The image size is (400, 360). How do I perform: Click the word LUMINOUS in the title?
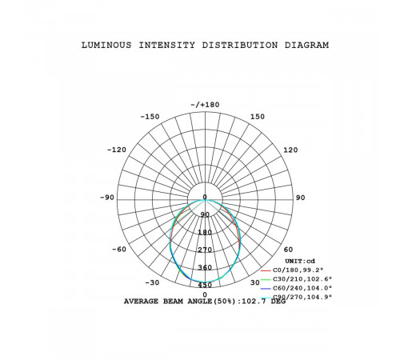106,46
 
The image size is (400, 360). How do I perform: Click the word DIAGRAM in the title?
306,46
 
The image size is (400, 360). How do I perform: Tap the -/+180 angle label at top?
205,105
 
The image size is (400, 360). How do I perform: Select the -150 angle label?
150,117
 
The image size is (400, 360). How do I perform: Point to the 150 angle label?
258,117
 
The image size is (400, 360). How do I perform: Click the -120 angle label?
117,150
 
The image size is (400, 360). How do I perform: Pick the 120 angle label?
290,150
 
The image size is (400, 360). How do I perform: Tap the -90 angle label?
107,198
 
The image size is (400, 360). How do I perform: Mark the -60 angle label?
119,250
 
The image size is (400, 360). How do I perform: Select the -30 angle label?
152,282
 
